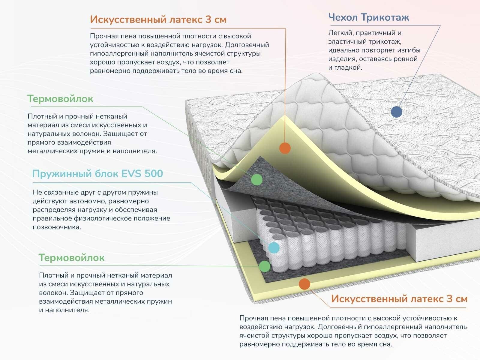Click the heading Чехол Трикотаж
(x=368, y=17)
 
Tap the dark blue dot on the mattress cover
(x=397, y=112)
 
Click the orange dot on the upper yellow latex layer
(x=285, y=148)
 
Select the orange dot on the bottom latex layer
(x=304, y=284)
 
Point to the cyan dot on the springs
(x=274, y=247)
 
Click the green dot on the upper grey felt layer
(x=256, y=179)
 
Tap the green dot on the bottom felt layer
(x=265, y=266)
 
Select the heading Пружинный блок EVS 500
(x=97, y=174)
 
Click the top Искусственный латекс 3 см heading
(x=158, y=19)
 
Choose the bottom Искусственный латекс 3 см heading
(x=399, y=299)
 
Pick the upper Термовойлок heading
(x=60, y=99)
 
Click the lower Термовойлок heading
(x=71, y=258)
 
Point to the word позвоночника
(x=57, y=227)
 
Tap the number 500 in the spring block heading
(x=154, y=174)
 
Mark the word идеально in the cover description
(x=343, y=50)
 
